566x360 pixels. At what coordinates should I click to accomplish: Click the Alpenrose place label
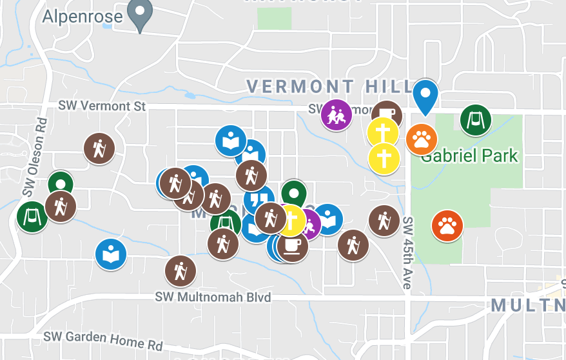click(x=82, y=15)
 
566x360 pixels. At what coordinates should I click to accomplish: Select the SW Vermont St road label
click(x=102, y=105)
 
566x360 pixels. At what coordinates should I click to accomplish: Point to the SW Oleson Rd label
click(x=35, y=157)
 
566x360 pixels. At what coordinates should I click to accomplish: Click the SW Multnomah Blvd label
click(x=213, y=297)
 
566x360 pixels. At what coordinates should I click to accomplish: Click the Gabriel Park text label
click(x=469, y=155)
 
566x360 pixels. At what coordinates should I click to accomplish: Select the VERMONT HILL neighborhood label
click(x=329, y=86)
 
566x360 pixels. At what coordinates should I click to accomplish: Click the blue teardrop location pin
click(x=425, y=95)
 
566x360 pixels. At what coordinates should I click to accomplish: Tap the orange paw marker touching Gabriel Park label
click(x=422, y=138)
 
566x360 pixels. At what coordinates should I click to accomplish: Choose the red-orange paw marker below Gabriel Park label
click(x=447, y=226)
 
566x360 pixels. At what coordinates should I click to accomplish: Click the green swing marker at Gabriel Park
click(x=476, y=120)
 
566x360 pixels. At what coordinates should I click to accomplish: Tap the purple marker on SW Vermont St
click(x=337, y=115)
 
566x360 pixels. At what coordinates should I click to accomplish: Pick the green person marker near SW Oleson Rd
click(x=60, y=184)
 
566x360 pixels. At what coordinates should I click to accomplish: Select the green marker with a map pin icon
click(x=294, y=192)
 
